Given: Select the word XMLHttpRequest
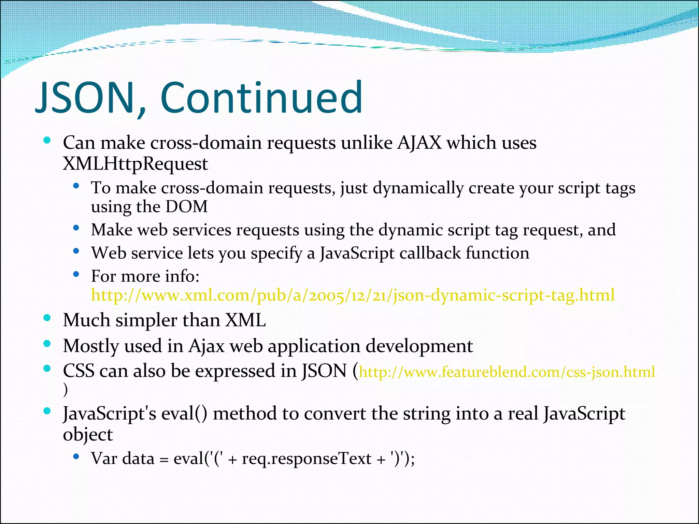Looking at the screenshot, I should point(135,164).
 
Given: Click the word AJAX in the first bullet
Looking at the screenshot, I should point(419,143).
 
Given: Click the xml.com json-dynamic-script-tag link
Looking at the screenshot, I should point(353,295).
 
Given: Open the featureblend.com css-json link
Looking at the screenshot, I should point(507,372).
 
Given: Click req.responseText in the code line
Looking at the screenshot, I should point(306,458).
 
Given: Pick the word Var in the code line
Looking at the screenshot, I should point(104,458).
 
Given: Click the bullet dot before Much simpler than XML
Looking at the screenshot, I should point(47,318).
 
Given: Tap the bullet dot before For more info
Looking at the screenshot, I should point(76,274).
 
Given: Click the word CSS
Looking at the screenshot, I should point(79,371).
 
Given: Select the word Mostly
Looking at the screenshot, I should point(91,346).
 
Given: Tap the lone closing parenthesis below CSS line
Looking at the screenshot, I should point(66,390).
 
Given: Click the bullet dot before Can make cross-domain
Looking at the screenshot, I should point(47,140).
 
